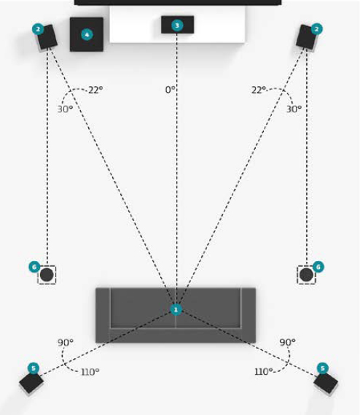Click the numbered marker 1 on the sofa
coord(176,310)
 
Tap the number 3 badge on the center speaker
coord(177,26)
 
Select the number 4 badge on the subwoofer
coord(87,34)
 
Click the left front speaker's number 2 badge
coord(38,29)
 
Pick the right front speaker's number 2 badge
coord(316,29)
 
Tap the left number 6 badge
coord(34,267)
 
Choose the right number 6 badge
coord(318,267)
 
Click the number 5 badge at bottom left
coord(34,368)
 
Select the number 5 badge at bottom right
coord(322,368)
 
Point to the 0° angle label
coord(171,90)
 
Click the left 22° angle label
coord(95,90)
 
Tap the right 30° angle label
coord(294,109)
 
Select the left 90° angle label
coord(66,343)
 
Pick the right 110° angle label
coord(264,372)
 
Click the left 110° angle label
coord(90,372)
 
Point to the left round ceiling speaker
coord(47,275)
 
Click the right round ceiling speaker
coord(307,275)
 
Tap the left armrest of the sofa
coord(103,315)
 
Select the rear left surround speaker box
coord(31,383)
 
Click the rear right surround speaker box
coord(326,384)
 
